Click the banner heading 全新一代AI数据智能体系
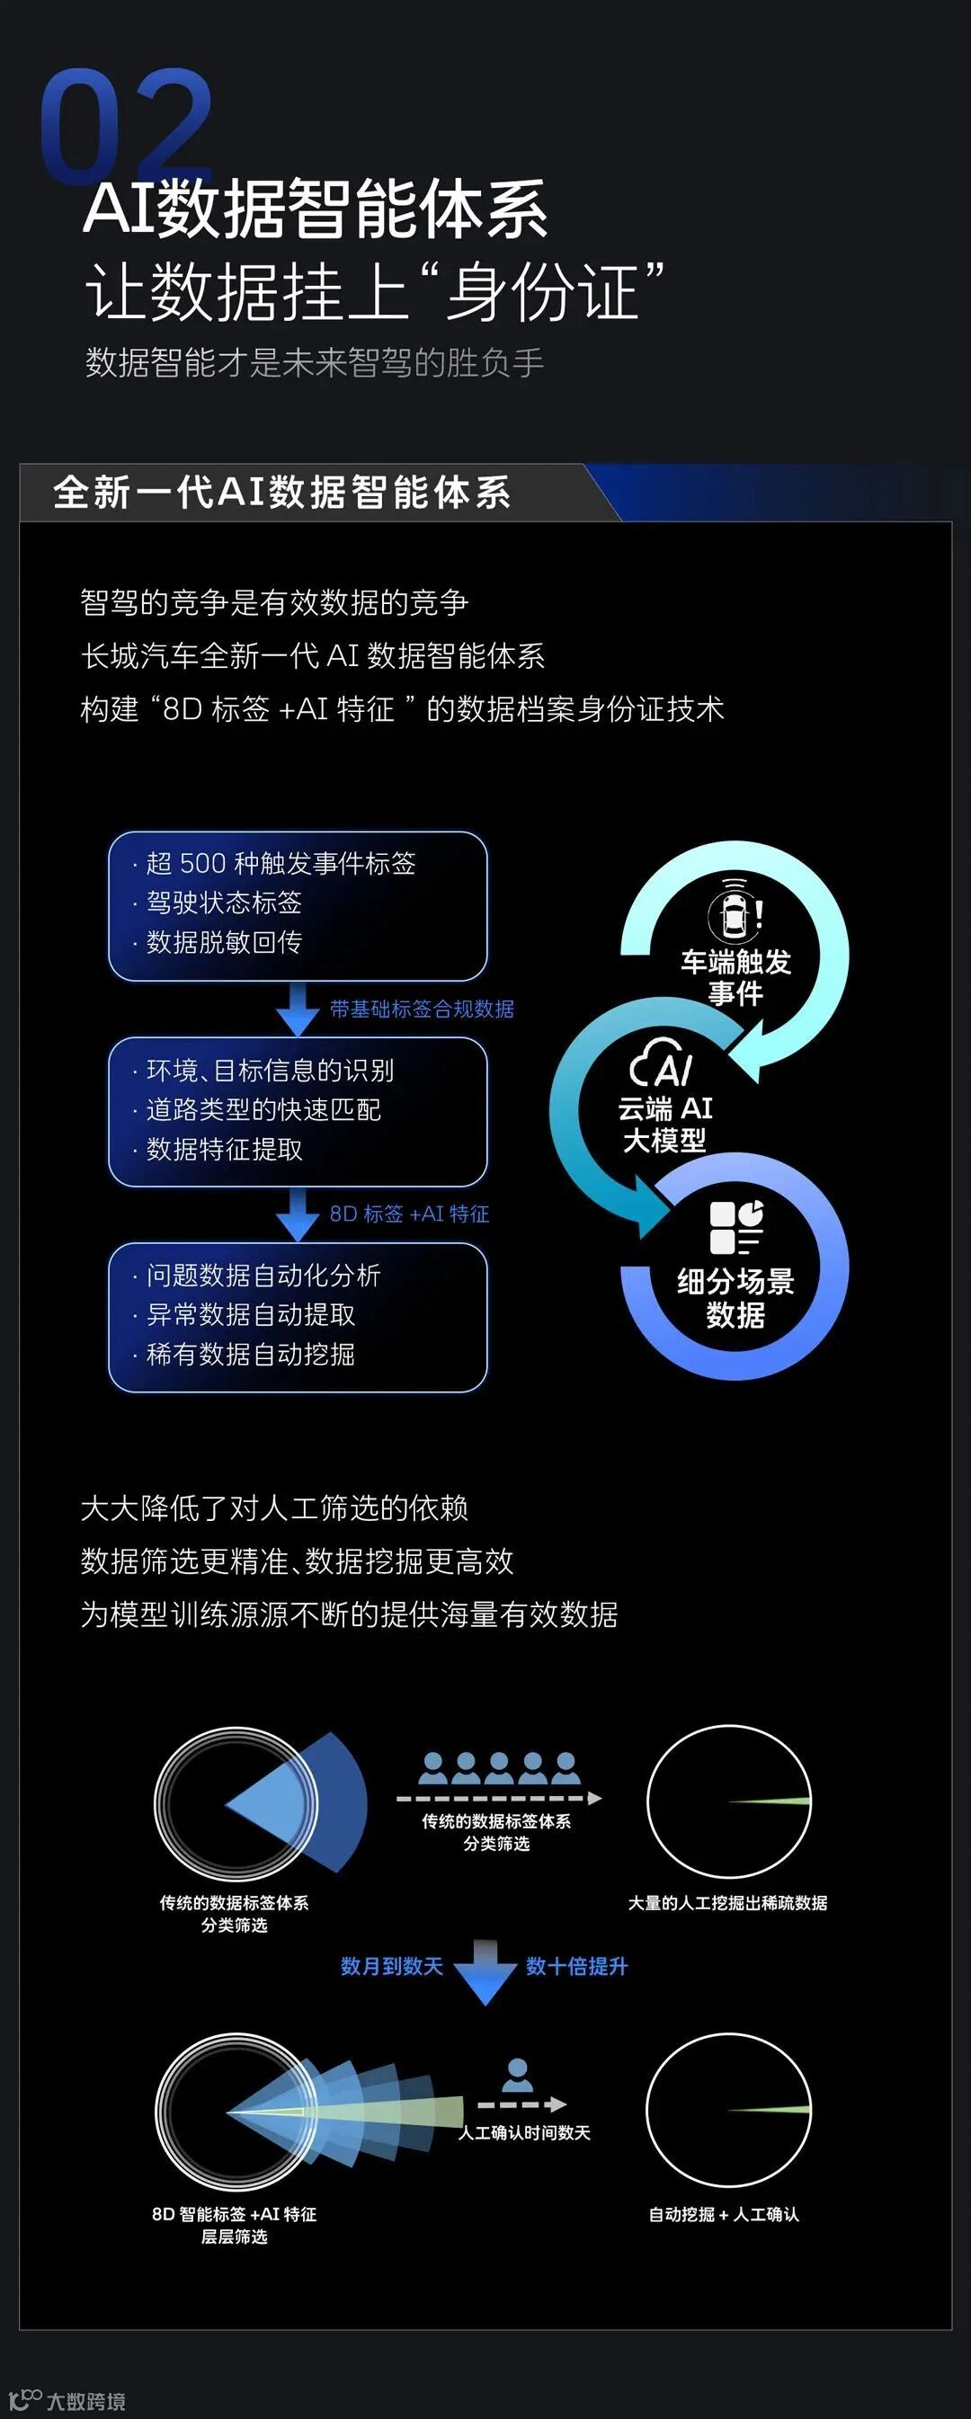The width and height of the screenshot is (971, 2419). (x=281, y=492)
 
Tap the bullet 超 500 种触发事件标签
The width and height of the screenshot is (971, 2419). (x=280, y=864)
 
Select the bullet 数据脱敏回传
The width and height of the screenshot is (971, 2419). (x=224, y=942)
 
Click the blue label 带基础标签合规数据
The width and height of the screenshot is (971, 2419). (x=422, y=1009)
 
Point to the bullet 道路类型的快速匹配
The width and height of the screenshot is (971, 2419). (x=263, y=1110)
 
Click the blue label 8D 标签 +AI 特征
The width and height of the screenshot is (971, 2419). (x=408, y=1214)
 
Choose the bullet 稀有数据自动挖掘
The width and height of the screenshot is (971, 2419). (x=250, y=1354)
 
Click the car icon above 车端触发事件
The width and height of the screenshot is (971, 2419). (x=735, y=909)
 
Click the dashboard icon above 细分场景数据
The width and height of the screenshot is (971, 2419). (x=736, y=1226)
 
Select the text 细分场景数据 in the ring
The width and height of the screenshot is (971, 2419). (x=735, y=1298)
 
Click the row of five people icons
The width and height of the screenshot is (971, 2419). (x=499, y=1769)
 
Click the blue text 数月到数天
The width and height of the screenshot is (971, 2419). (x=392, y=1966)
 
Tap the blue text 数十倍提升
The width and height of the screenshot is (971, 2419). (x=576, y=1966)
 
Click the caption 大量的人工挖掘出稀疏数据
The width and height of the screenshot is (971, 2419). (x=727, y=1903)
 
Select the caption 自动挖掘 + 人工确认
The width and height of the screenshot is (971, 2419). (x=724, y=2214)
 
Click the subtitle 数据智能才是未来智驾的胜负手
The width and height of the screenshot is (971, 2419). (x=315, y=362)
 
